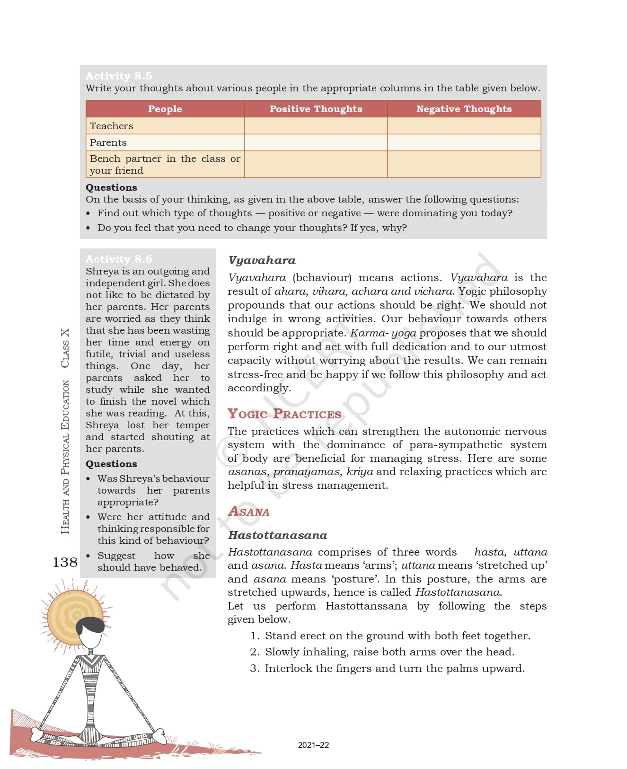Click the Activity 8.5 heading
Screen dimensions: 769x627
pyautogui.click(x=119, y=76)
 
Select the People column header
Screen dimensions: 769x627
pyautogui.click(x=165, y=109)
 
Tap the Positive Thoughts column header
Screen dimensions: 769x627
pyautogui.click(x=316, y=109)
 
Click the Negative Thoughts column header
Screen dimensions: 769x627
pyautogui.click(x=464, y=109)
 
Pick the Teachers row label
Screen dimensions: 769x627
pyautogui.click(x=112, y=126)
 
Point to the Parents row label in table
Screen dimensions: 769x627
pyautogui.click(x=108, y=142)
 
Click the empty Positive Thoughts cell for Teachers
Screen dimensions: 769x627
pyautogui.click(x=316, y=126)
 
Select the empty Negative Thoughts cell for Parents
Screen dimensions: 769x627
pyautogui.click(x=464, y=142)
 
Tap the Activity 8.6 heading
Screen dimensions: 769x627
pyautogui.click(x=119, y=259)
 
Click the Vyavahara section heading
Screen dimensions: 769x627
pyautogui.click(x=262, y=260)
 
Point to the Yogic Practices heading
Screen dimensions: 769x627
pyautogui.click(x=284, y=414)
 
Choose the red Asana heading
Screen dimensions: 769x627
pyautogui.click(x=249, y=512)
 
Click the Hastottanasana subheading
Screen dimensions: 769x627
pyautogui.click(x=277, y=535)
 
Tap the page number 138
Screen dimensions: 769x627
pyautogui.click(x=65, y=562)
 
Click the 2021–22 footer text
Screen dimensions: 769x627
pyautogui.click(x=313, y=745)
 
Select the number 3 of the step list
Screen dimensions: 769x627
pyautogui.click(x=255, y=669)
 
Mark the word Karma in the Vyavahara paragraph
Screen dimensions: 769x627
pyautogui.click(x=365, y=333)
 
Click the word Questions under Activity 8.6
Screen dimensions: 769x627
pyautogui.click(x=111, y=464)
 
